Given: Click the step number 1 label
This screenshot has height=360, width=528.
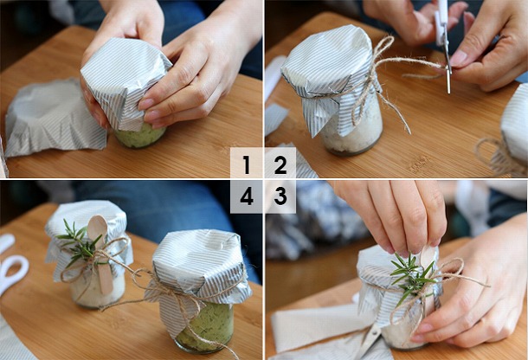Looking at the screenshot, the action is (247, 164).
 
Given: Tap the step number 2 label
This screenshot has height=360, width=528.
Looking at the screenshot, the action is (280, 164).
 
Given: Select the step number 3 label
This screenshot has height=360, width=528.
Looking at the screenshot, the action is (280, 196).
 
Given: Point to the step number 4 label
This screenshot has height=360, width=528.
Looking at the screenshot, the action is (247, 196).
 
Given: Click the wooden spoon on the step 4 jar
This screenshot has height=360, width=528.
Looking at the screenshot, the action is (101, 249).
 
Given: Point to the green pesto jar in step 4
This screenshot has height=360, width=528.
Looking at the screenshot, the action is (199, 292).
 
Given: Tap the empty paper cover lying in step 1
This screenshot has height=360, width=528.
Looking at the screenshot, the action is (54, 116).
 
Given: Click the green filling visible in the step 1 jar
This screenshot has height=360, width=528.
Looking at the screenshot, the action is (138, 137).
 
